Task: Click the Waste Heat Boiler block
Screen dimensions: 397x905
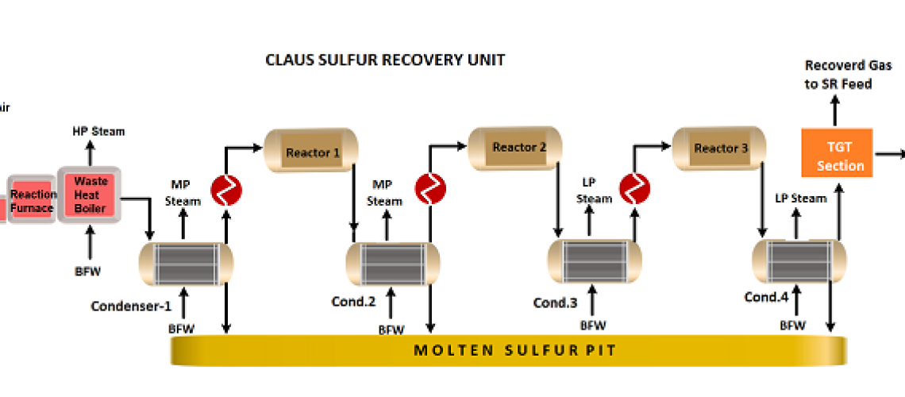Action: pyautogui.click(x=89, y=195)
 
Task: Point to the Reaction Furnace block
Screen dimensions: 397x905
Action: pyautogui.click(x=33, y=200)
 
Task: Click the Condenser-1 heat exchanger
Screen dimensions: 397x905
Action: pyautogui.click(x=187, y=263)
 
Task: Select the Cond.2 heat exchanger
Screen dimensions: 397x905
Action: pyautogui.click(x=393, y=263)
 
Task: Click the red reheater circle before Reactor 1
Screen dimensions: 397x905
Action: pyautogui.click(x=226, y=190)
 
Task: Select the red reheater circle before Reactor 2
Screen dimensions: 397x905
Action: pyautogui.click(x=430, y=188)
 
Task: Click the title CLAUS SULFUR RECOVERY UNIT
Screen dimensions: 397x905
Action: pyautogui.click(x=385, y=60)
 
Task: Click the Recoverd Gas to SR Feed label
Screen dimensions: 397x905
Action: pyautogui.click(x=838, y=75)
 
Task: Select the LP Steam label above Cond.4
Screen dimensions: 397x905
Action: pyautogui.click(x=800, y=198)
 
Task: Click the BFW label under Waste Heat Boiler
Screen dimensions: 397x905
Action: pyautogui.click(x=88, y=271)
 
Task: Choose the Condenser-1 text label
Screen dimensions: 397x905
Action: pyautogui.click(x=131, y=306)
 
